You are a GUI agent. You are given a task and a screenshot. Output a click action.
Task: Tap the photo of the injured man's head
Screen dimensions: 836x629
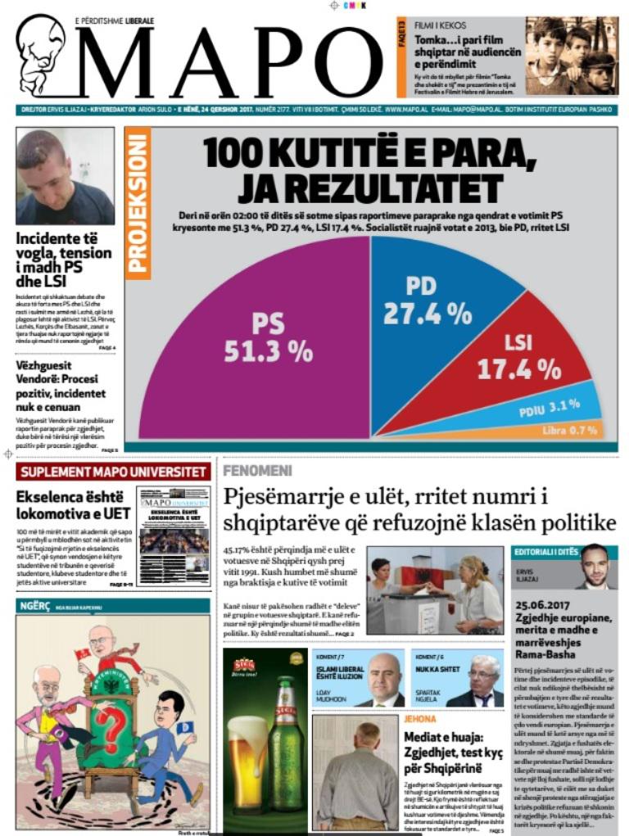(x=65, y=176)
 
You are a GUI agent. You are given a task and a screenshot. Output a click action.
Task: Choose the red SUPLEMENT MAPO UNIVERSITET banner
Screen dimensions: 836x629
(x=114, y=472)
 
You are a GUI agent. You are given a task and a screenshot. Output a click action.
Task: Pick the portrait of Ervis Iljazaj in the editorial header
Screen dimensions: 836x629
(x=595, y=567)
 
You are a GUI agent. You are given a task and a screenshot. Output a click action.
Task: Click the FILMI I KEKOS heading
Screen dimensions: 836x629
(x=440, y=25)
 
